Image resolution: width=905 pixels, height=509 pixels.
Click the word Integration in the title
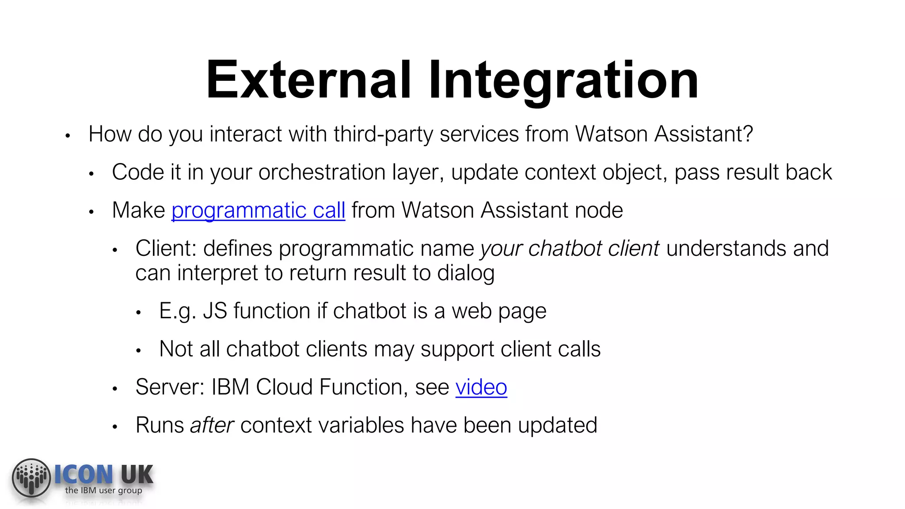563,80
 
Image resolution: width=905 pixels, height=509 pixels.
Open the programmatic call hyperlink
258,210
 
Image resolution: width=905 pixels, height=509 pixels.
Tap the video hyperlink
481,387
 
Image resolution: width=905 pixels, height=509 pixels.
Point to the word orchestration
322,172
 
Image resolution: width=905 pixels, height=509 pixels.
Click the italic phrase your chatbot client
570,248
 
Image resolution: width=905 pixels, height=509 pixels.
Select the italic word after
212,425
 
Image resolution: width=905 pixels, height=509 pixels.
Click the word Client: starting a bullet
166,248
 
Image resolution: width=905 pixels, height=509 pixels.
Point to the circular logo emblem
31,478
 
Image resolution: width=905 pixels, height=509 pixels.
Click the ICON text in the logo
84,475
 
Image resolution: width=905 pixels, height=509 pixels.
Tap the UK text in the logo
137,475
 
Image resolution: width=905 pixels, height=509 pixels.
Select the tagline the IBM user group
103,490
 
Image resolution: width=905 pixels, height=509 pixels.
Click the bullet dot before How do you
68,136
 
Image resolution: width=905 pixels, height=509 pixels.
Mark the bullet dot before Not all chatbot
138,351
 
